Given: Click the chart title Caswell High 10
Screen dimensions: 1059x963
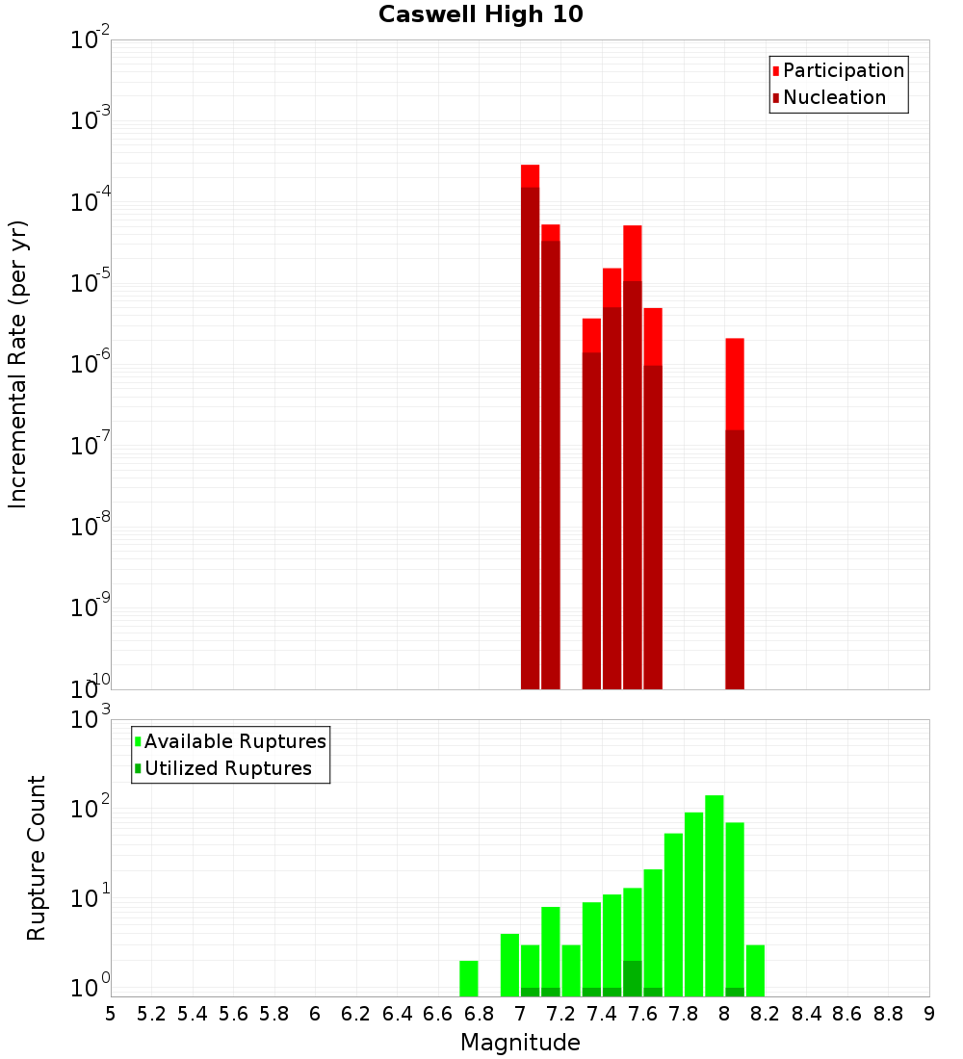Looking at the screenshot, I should [481, 14].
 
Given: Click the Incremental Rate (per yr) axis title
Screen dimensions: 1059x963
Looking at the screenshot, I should [18, 364].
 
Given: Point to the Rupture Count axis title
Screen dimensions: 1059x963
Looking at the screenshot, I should [37, 858].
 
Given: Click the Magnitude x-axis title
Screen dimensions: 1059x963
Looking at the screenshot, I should [520, 1043].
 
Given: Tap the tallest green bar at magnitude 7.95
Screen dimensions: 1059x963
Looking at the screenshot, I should [715, 895].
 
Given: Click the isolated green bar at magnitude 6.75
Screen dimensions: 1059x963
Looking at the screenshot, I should [469, 978].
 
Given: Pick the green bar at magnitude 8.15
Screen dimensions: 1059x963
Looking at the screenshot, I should [755, 970].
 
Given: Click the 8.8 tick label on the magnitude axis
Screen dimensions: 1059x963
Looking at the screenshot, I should [888, 1014].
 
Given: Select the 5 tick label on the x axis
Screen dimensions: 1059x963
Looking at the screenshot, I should [111, 1014].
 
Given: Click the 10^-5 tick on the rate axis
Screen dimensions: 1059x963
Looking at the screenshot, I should [91, 283].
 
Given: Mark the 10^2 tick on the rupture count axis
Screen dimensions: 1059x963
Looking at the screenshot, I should [91, 809].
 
